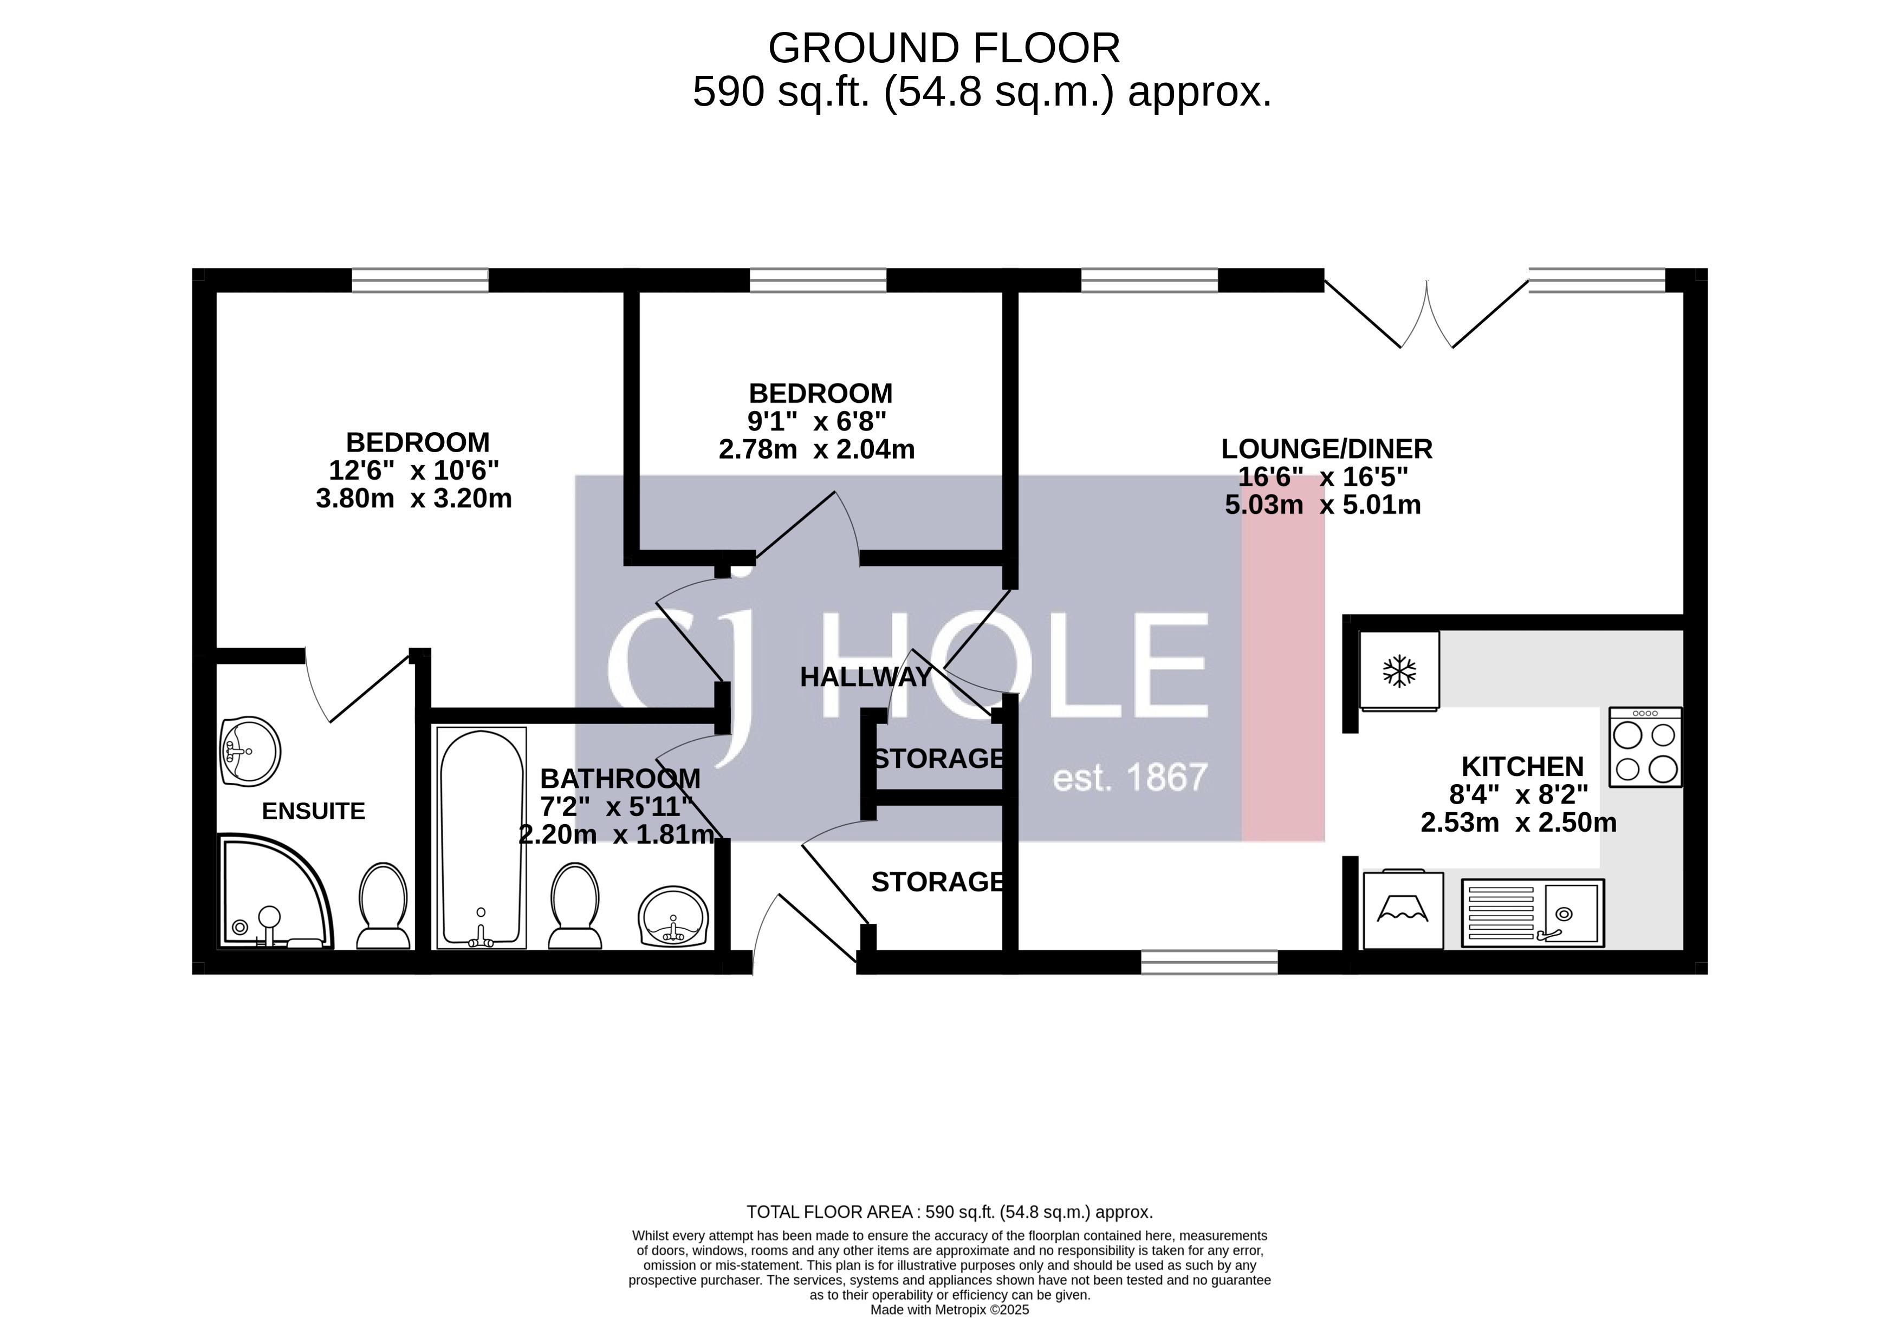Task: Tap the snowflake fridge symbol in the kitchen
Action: (1399, 670)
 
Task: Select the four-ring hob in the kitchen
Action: (1645, 747)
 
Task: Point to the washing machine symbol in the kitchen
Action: (1403, 909)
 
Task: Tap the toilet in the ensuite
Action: (383, 906)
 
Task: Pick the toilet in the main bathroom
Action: (575, 906)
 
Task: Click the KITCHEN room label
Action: (1522, 766)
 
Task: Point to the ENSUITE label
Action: (313, 811)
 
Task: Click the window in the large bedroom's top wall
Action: (420, 280)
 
